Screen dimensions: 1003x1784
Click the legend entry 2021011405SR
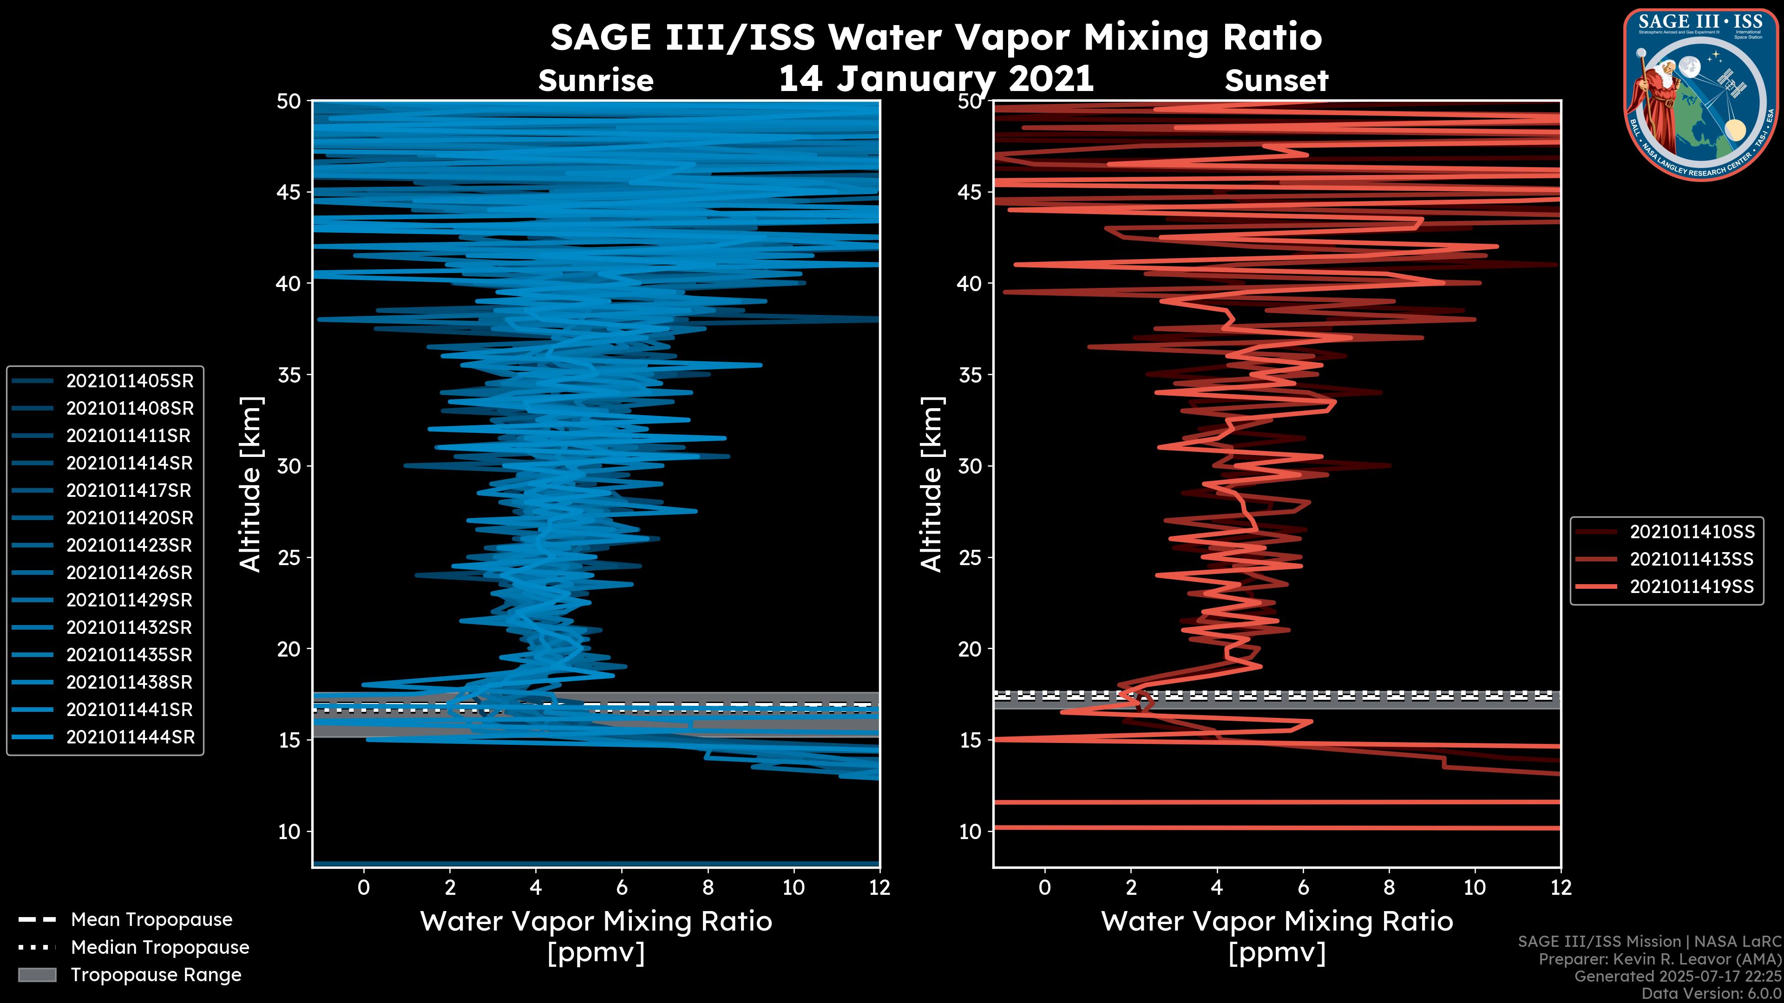[x=130, y=381]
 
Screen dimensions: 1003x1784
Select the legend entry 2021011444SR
[x=130, y=737]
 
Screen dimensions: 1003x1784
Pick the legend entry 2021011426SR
[x=130, y=573]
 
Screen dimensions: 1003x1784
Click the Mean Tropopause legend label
[x=151, y=919]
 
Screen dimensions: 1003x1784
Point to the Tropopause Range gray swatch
[x=37, y=975]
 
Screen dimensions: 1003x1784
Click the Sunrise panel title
[x=596, y=81]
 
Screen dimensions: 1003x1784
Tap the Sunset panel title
[x=1276, y=81]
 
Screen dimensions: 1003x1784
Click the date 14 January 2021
[x=936, y=78]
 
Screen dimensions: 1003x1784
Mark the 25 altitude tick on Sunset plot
[x=970, y=558]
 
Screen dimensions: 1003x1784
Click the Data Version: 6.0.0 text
[x=1712, y=993]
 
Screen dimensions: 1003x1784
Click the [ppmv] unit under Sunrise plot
[x=596, y=953]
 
